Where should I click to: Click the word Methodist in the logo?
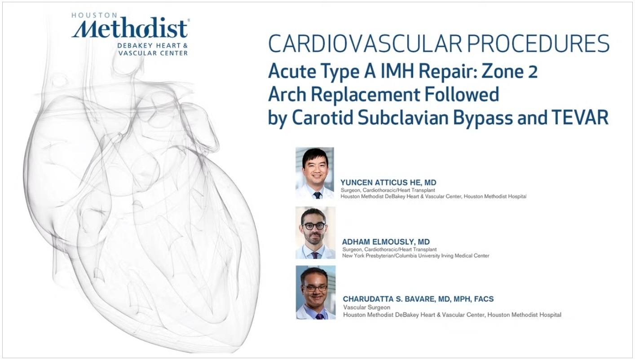click(x=129, y=29)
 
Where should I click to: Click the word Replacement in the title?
click(x=366, y=95)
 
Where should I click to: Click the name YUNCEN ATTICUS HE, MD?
click(x=388, y=183)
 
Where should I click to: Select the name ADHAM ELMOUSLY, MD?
click(x=386, y=242)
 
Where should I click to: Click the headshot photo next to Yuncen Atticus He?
click(x=315, y=173)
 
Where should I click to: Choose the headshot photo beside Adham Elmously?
click(x=316, y=233)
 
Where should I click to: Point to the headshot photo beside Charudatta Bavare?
click(x=316, y=293)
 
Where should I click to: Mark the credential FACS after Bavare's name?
click(x=484, y=299)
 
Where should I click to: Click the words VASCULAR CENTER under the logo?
click(x=153, y=53)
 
